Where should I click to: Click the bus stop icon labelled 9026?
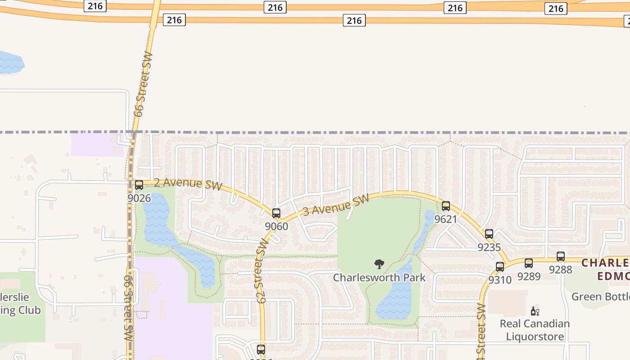pyautogui.click(x=139, y=185)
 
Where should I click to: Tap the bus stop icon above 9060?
pyautogui.click(x=276, y=213)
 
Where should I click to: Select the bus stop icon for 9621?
pyautogui.click(x=446, y=206)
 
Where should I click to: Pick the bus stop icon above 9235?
pyautogui.click(x=489, y=234)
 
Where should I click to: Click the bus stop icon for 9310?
pyautogui.click(x=500, y=267)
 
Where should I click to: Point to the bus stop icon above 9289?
pyautogui.click(x=529, y=263)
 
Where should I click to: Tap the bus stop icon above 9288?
pyautogui.click(x=561, y=256)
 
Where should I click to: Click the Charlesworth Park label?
pyautogui.click(x=379, y=277)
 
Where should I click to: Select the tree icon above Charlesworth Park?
pyautogui.click(x=379, y=264)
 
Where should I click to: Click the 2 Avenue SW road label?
pyautogui.click(x=188, y=184)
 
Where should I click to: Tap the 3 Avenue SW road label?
pyautogui.click(x=336, y=205)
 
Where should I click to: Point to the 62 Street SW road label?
pyautogui.click(x=262, y=270)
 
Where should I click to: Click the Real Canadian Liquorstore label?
pyautogui.click(x=535, y=330)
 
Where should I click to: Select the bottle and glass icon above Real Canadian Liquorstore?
pyautogui.click(x=535, y=311)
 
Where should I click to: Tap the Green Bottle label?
pyautogui.click(x=600, y=297)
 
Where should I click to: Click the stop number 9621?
pyautogui.click(x=445, y=219)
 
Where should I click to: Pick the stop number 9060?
pyautogui.click(x=276, y=226)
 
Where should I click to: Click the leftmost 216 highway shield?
pyautogui.click(x=95, y=6)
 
